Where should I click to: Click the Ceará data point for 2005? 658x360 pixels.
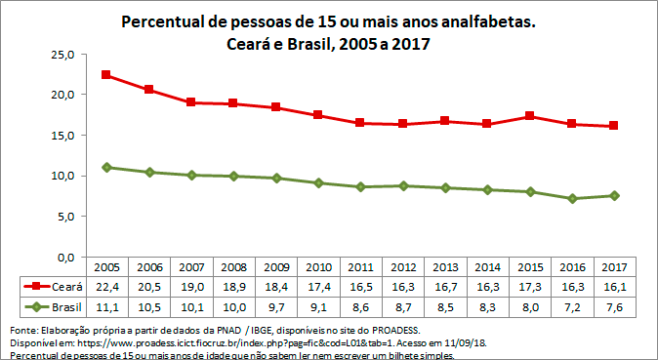[106, 75]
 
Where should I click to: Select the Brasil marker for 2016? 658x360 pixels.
[572, 198]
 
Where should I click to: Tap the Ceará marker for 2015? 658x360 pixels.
[530, 116]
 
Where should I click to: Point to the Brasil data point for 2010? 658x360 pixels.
[318, 182]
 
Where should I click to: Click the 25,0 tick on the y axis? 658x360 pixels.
[62, 55]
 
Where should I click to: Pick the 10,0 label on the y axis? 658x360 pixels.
[62, 176]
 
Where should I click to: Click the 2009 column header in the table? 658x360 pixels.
[276, 266]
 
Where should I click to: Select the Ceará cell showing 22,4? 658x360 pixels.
[106, 286]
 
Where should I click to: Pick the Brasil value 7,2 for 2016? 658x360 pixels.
[572, 307]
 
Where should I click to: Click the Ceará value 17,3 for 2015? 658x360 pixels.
[530, 286]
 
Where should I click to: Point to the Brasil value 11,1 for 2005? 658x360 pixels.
[106, 307]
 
